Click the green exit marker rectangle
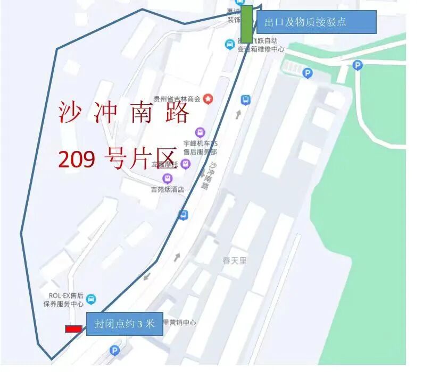[246, 24]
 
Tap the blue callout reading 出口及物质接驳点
[317, 22]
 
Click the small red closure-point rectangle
[73, 329]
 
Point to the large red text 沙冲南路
[123, 113]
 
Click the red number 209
[77, 158]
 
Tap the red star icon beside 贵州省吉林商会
[208, 98]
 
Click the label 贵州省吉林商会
[177, 99]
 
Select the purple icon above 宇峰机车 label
[200, 132]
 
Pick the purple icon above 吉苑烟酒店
[168, 178]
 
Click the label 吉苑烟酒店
[167, 189]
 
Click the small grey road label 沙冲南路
[209, 176]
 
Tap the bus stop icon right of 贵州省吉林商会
[245, 99]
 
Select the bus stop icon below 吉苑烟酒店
[184, 215]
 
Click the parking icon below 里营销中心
[114, 350]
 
